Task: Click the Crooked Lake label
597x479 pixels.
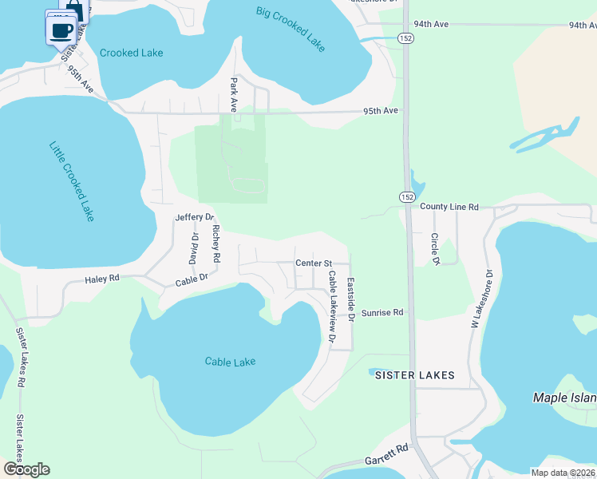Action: (x=131, y=53)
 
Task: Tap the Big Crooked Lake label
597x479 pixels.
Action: (x=291, y=29)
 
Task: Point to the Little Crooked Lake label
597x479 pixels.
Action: (x=72, y=181)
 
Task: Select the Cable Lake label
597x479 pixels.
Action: (x=230, y=362)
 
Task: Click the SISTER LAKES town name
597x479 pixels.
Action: (x=415, y=375)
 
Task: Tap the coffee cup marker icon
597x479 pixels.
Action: (x=62, y=31)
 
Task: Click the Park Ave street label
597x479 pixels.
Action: (x=234, y=94)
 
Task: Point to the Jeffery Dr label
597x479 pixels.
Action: (x=195, y=217)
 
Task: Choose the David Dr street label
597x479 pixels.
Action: (x=193, y=248)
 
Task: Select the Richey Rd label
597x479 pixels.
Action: (x=215, y=244)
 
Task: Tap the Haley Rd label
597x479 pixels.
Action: (x=102, y=279)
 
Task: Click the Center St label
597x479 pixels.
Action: (x=313, y=263)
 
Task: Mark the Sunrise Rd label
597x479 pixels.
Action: (x=382, y=313)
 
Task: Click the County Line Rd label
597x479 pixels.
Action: (x=449, y=207)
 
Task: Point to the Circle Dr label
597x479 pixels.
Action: (x=436, y=249)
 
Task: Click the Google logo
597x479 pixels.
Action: (x=26, y=469)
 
